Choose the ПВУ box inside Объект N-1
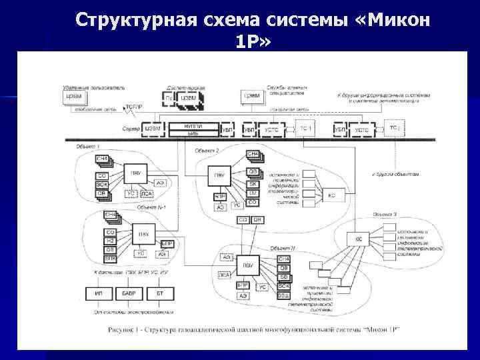click(143, 234)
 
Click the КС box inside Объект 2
click(331, 195)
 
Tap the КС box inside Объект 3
click(357, 238)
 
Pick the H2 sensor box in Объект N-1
click(110, 241)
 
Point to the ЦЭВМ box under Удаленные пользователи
click(75, 97)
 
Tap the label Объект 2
click(207, 151)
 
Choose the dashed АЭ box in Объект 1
click(160, 181)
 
